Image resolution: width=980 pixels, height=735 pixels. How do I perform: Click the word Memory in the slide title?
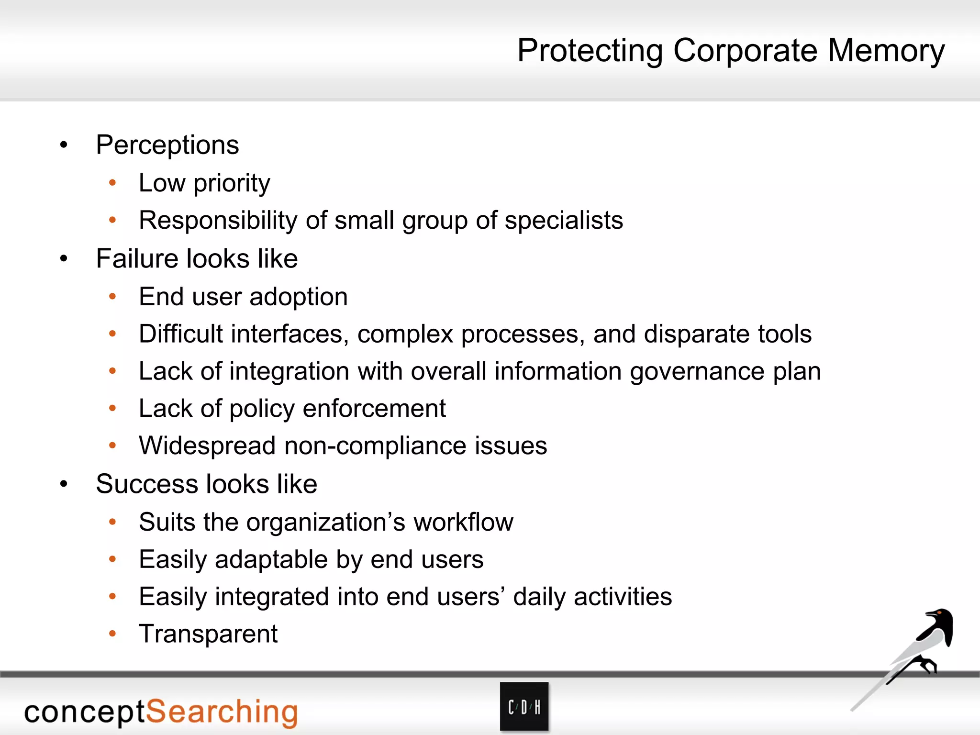click(886, 51)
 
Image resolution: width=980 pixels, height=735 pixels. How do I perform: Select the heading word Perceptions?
click(167, 145)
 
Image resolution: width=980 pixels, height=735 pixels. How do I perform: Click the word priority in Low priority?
click(232, 183)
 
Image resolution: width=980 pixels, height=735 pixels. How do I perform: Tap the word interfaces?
click(290, 334)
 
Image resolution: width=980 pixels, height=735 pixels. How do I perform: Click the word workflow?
click(463, 522)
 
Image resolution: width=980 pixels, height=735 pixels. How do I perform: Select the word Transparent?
click(208, 634)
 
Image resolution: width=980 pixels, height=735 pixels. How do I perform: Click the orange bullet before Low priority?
click(112, 183)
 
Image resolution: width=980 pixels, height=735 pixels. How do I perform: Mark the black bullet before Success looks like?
click(64, 484)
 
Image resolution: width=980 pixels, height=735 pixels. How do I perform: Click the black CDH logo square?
click(524, 707)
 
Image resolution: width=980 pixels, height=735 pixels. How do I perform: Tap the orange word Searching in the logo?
click(222, 712)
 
